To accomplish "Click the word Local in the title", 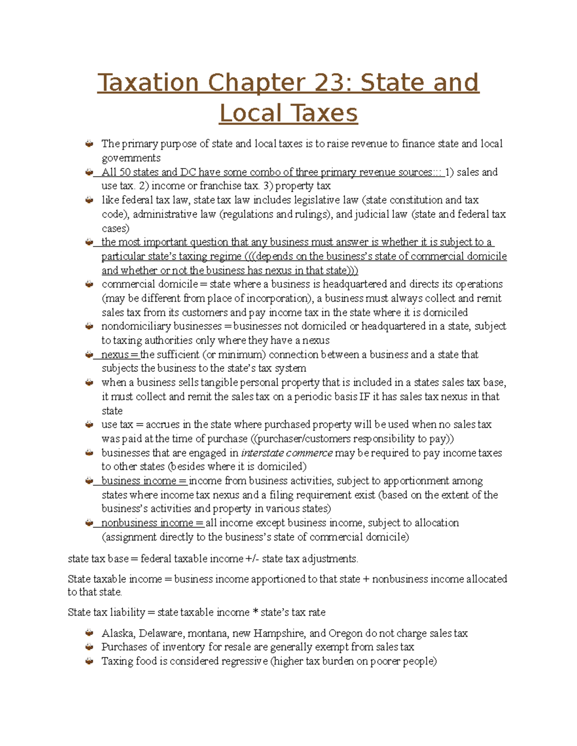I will [250, 114].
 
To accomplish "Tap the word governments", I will [131, 158].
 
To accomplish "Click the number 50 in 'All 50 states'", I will [125, 172].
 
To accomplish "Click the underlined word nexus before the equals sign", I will [115, 355].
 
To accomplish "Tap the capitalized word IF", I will [365, 397].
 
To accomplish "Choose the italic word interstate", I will [262, 453].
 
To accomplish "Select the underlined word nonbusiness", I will [124, 523].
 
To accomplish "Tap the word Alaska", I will [117, 633].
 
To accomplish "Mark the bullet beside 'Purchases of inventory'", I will [89, 647].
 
